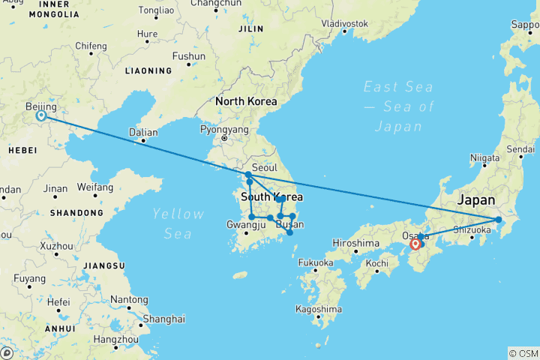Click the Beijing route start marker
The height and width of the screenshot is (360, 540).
coord(40,115)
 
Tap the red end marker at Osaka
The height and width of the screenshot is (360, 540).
coord(415,244)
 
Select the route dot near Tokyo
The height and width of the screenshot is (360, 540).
coord(499,219)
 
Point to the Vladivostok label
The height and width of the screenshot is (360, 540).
coord(344,23)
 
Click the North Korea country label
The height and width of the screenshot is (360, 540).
coord(246,101)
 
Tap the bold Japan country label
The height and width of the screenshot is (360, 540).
coord(476,200)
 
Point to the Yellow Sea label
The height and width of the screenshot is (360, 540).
coord(178,223)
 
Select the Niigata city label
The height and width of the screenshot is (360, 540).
coord(484,157)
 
